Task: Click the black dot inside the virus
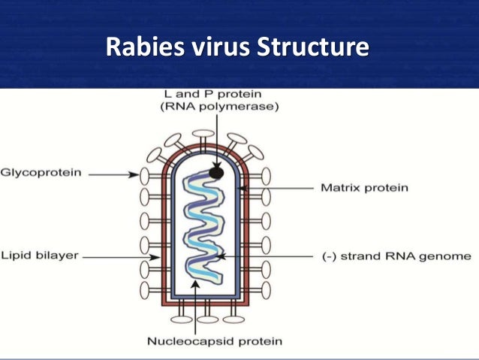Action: [216, 173]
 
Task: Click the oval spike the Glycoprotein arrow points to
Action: [144, 175]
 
